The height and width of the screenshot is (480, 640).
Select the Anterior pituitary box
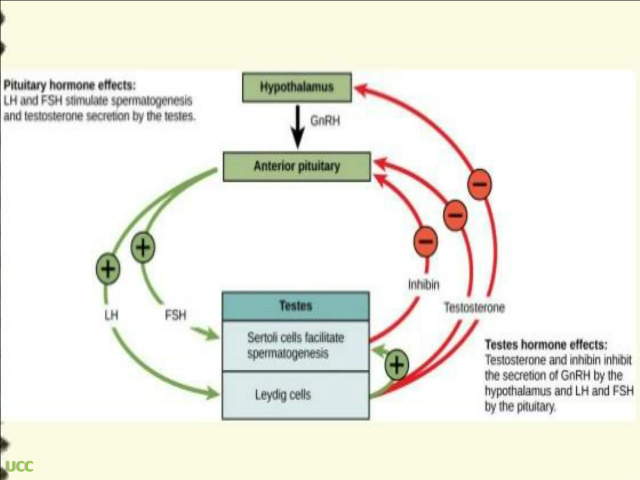pyautogui.click(x=297, y=167)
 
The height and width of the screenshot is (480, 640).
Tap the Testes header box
pyautogui.click(x=296, y=306)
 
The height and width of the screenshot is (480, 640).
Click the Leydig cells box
pyautogui.click(x=296, y=395)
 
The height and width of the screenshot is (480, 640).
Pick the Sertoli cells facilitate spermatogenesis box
pyautogui.click(x=296, y=346)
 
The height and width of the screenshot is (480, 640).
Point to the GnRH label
pyautogui.click(x=325, y=121)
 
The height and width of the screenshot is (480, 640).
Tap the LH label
pyautogui.click(x=111, y=315)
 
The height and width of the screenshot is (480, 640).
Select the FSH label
pyautogui.click(x=175, y=315)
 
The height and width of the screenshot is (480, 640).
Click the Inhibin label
pyautogui.click(x=424, y=285)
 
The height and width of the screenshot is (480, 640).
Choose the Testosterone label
pyautogui.click(x=474, y=307)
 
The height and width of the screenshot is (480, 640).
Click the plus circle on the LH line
pyautogui.click(x=108, y=269)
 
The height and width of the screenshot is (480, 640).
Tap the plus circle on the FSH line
pyautogui.click(x=143, y=247)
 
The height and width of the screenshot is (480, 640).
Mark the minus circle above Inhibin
pyautogui.click(x=425, y=241)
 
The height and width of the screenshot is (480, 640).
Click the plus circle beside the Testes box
pyautogui.click(x=397, y=365)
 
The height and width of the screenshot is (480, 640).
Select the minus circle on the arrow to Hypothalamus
pyautogui.click(x=480, y=184)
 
